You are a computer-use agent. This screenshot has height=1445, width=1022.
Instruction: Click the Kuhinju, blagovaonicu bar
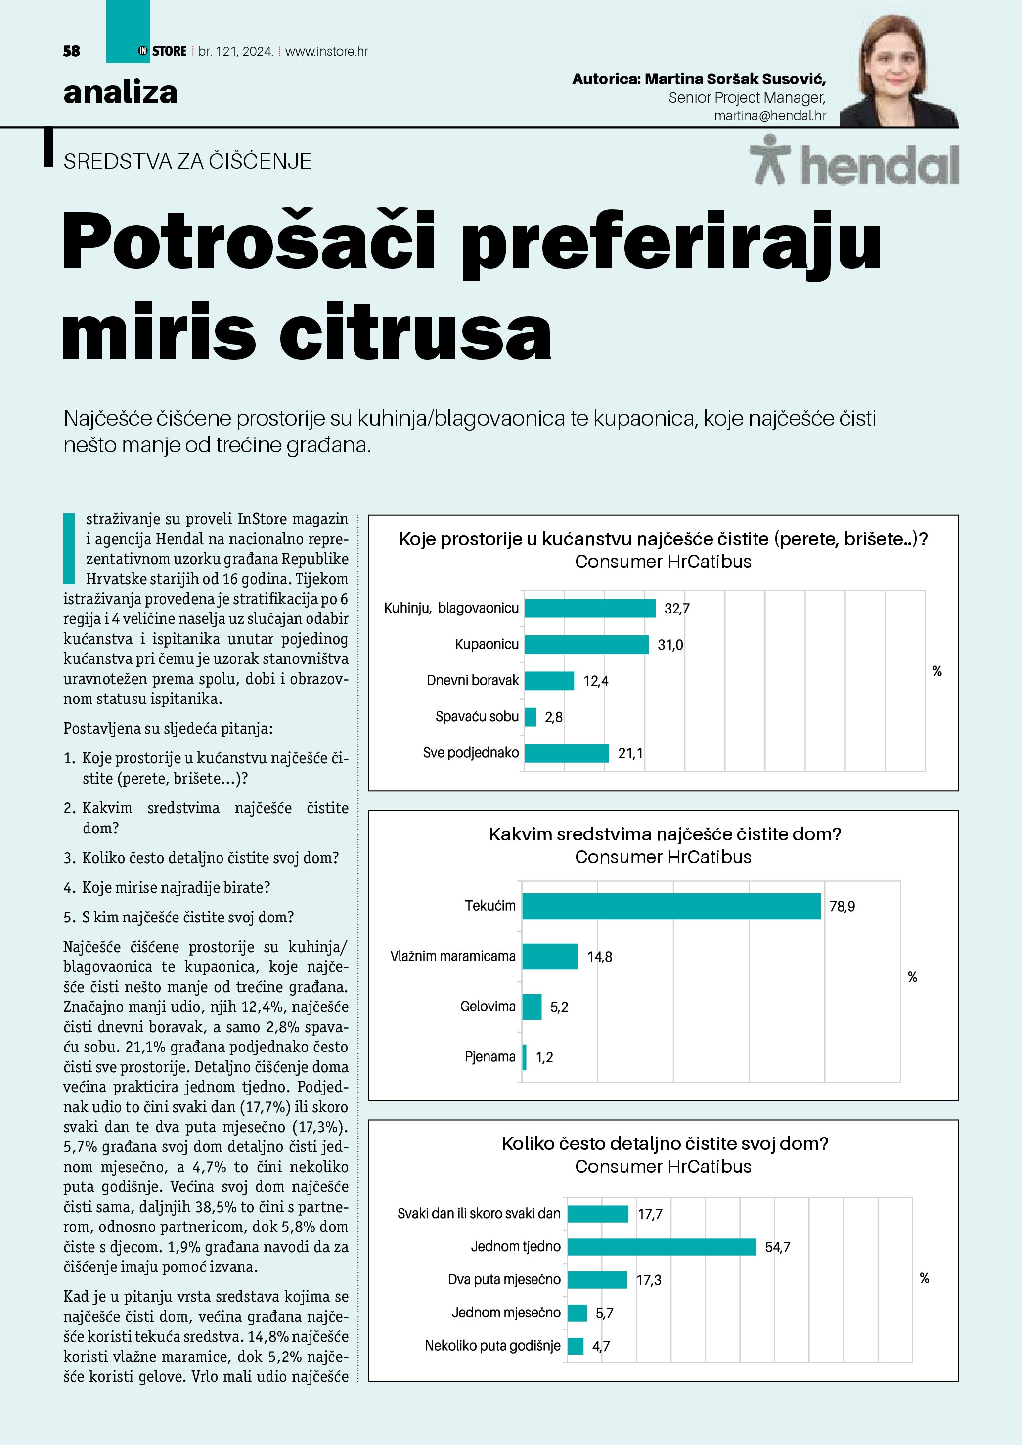point(590,608)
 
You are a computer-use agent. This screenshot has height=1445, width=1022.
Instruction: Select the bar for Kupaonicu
point(586,645)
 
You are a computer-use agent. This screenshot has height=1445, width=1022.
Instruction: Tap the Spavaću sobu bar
point(531,717)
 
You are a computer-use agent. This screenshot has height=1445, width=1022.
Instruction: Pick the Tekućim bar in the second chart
point(671,906)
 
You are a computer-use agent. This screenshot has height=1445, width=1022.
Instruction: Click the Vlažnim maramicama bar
point(549,957)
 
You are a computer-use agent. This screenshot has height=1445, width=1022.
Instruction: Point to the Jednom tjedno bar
point(662,1247)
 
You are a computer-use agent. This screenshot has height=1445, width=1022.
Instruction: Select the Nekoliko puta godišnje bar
point(575,1346)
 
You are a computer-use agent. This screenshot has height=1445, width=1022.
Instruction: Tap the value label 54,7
point(777,1247)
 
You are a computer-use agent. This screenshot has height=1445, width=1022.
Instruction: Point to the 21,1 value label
point(630,753)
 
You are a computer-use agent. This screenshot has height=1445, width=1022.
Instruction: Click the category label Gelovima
point(488,1007)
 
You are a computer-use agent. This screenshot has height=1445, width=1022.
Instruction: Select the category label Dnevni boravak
point(473,680)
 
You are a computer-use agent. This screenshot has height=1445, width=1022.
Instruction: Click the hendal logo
point(854,162)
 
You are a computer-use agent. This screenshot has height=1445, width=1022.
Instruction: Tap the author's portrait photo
point(899,71)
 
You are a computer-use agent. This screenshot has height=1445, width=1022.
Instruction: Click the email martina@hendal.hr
point(770,116)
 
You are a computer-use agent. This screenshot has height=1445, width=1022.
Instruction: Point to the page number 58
point(72,51)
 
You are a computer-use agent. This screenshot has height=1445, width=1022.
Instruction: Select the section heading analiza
point(120,92)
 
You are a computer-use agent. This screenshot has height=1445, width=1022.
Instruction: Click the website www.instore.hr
point(327,51)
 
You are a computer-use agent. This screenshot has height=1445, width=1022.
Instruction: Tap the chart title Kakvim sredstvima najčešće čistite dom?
point(665,834)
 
